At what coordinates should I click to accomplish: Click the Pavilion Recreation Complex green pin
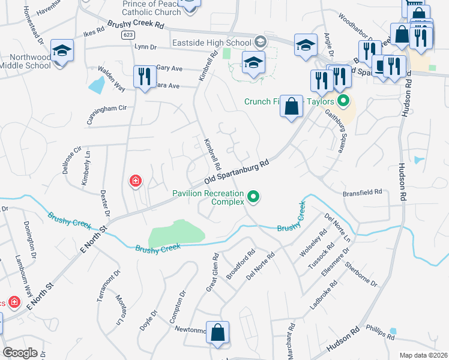pyautogui.click(x=253, y=196)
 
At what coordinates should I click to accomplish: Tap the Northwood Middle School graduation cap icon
pyautogui.click(x=62, y=51)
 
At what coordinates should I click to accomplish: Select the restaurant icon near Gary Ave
pyautogui.click(x=143, y=76)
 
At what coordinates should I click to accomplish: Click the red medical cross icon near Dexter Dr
pyautogui.click(x=136, y=180)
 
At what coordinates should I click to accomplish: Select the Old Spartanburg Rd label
pyautogui.click(x=235, y=172)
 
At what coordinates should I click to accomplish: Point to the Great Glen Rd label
pyautogui.click(x=212, y=272)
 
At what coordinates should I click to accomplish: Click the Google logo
pyautogui.click(x=20, y=353)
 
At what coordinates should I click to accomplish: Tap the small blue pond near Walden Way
pyautogui.click(x=96, y=85)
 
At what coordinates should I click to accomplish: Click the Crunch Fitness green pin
pyautogui.click(x=343, y=101)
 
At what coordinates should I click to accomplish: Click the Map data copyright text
pyautogui.click(x=423, y=355)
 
